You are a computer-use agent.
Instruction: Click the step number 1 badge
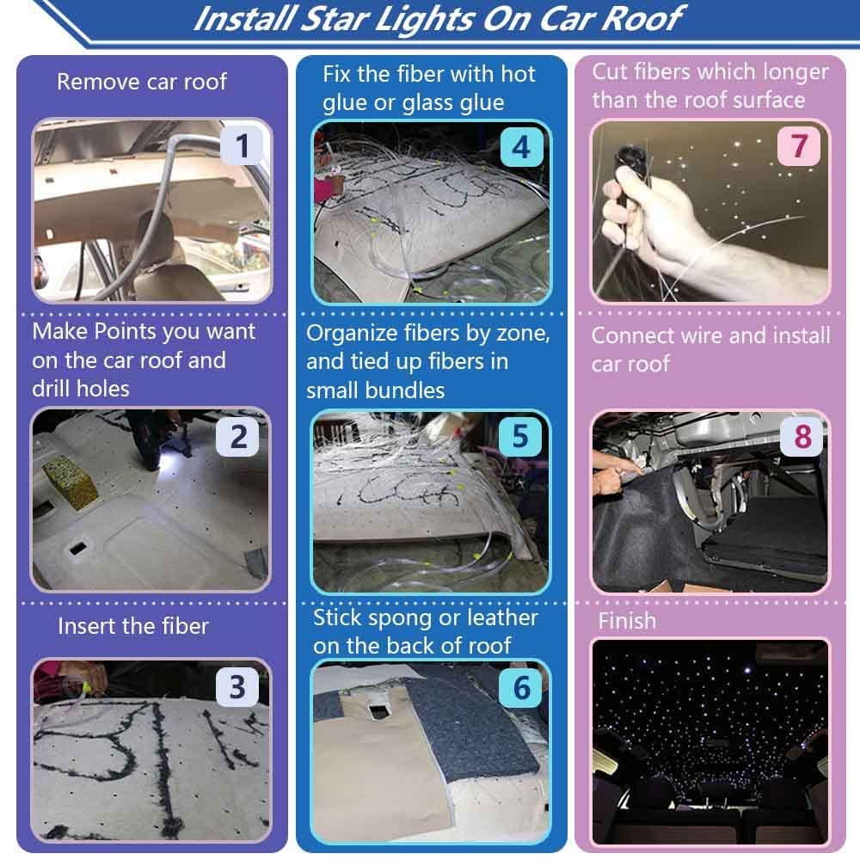click(x=243, y=146)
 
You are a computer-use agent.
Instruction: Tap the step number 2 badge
click(x=238, y=436)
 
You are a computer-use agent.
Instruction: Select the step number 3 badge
click(x=237, y=687)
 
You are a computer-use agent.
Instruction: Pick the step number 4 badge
click(x=520, y=147)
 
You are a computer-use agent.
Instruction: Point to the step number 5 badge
click(x=520, y=436)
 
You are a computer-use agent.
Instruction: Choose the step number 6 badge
click(x=520, y=687)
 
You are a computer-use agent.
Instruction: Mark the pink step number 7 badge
click(x=800, y=146)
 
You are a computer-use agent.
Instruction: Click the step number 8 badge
click(x=802, y=436)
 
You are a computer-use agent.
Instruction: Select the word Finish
click(x=627, y=621)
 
